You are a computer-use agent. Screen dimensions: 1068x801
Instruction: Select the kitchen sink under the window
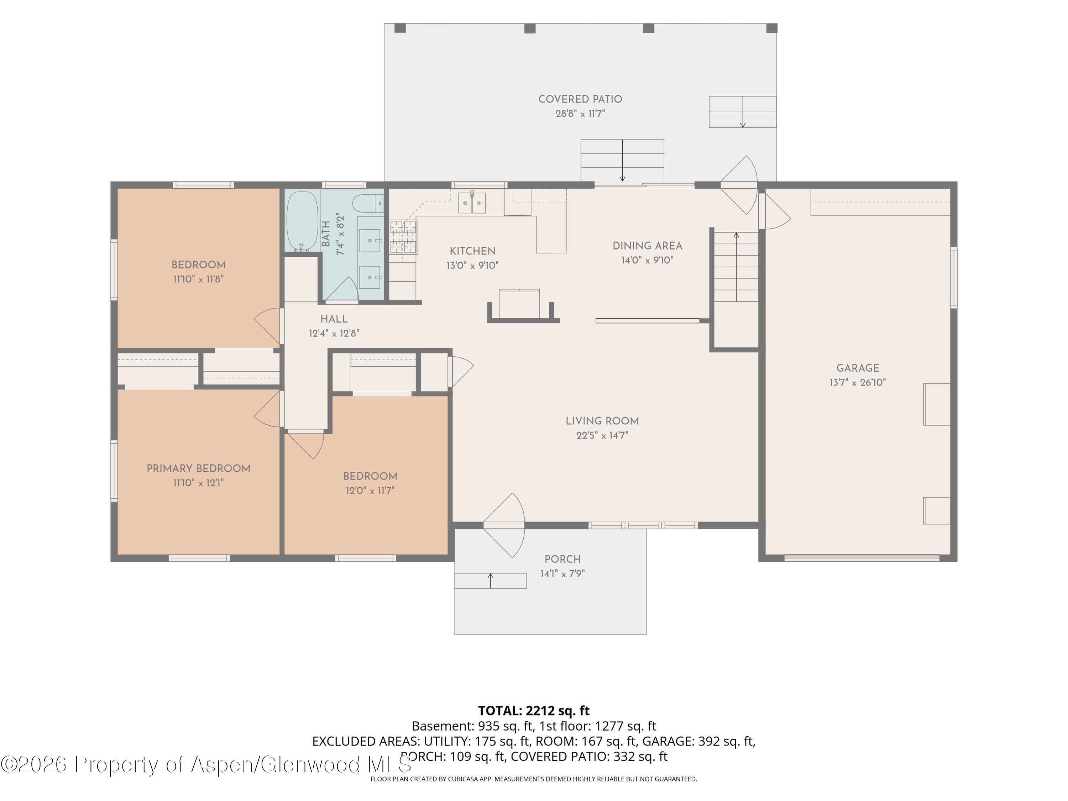[472, 203]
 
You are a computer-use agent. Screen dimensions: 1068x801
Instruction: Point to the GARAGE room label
[858, 368]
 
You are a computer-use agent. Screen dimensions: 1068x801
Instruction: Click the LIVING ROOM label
[602, 421]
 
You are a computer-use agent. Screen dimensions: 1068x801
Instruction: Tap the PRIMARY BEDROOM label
[198, 468]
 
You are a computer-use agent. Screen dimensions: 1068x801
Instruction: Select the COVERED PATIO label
[580, 99]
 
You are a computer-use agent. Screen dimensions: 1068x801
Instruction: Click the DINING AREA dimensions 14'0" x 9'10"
[648, 260]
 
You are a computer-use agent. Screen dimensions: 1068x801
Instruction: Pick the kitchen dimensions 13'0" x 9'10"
[473, 266]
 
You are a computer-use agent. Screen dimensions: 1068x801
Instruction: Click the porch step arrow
[491, 580]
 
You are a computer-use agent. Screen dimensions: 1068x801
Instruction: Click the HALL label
[334, 319]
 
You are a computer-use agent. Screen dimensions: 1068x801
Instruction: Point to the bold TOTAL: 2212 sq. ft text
[534, 711]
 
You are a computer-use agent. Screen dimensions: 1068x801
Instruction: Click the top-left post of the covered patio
[400, 28]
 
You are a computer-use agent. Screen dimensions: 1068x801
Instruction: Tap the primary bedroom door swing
[267, 408]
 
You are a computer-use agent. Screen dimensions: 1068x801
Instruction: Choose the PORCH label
[562, 559]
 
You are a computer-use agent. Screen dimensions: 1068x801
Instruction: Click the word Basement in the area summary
[442, 726]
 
